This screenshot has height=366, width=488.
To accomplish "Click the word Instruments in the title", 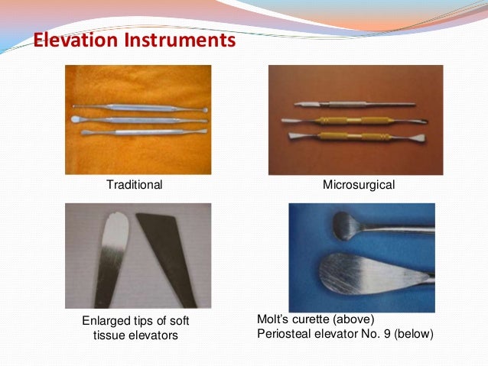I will coord(178,39).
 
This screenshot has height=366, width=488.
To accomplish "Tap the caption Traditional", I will coord(135,185).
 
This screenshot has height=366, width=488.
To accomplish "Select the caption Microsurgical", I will coord(358,185).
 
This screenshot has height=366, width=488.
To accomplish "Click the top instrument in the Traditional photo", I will coord(138,107).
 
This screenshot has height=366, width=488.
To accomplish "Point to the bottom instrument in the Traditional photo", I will coord(138,132).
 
